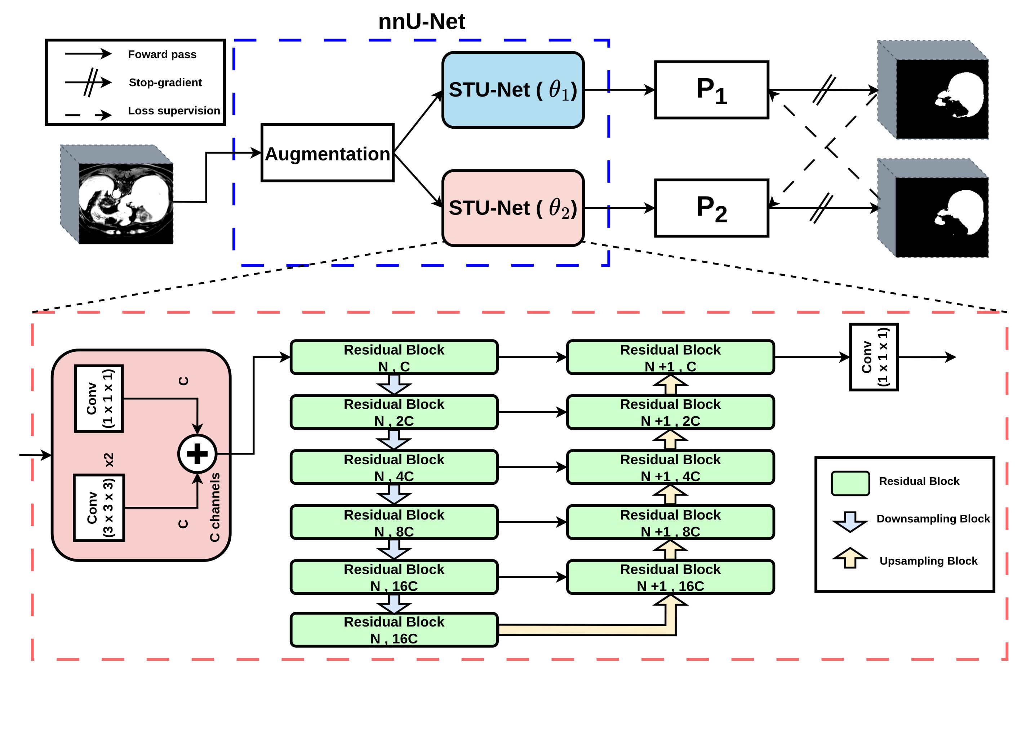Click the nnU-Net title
pyautogui.click(x=421, y=22)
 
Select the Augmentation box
pyautogui.click(x=327, y=153)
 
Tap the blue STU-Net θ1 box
pyautogui.click(x=512, y=90)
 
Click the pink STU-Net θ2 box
pyautogui.click(x=512, y=208)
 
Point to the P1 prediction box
pyautogui.click(x=711, y=90)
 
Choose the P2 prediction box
pyautogui.click(x=711, y=208)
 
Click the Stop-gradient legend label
pyautogui.click(x=165, y=83)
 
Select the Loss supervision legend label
pyautogui.click(x=174, y=111)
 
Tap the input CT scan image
pyautogui.click(x=125, y=203)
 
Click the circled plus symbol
pyautogui.click(x=197, y=454)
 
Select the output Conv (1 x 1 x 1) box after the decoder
pyautogui.click(x=874, y=357)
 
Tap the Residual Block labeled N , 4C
pyautogui.click(x=394, y=467)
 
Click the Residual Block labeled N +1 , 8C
pyautogui.click(x=670, y=522)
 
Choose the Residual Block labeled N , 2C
pyautogui.click(x=394, y=412)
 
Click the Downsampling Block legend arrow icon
pyautogui.click(x=850, y=521)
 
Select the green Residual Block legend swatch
pyautogui.click(x=850, y=483)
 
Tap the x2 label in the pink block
pyautogui.click(x=109, y=460)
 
